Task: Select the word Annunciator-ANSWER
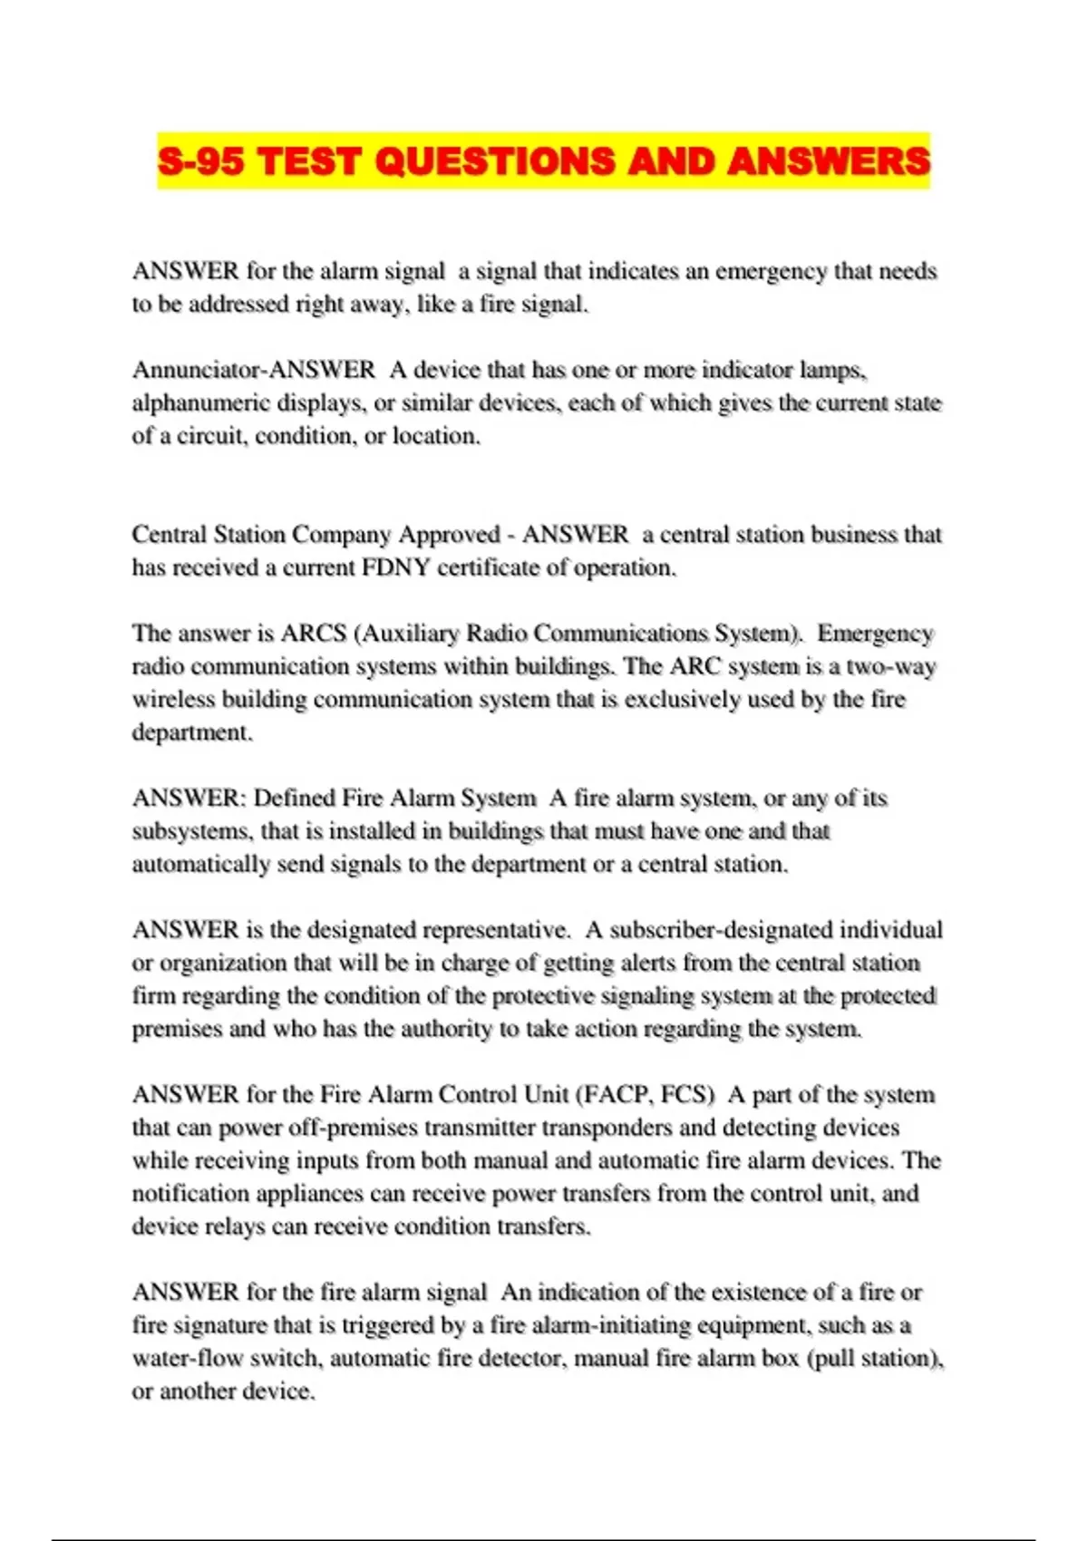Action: tap(253, 370)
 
